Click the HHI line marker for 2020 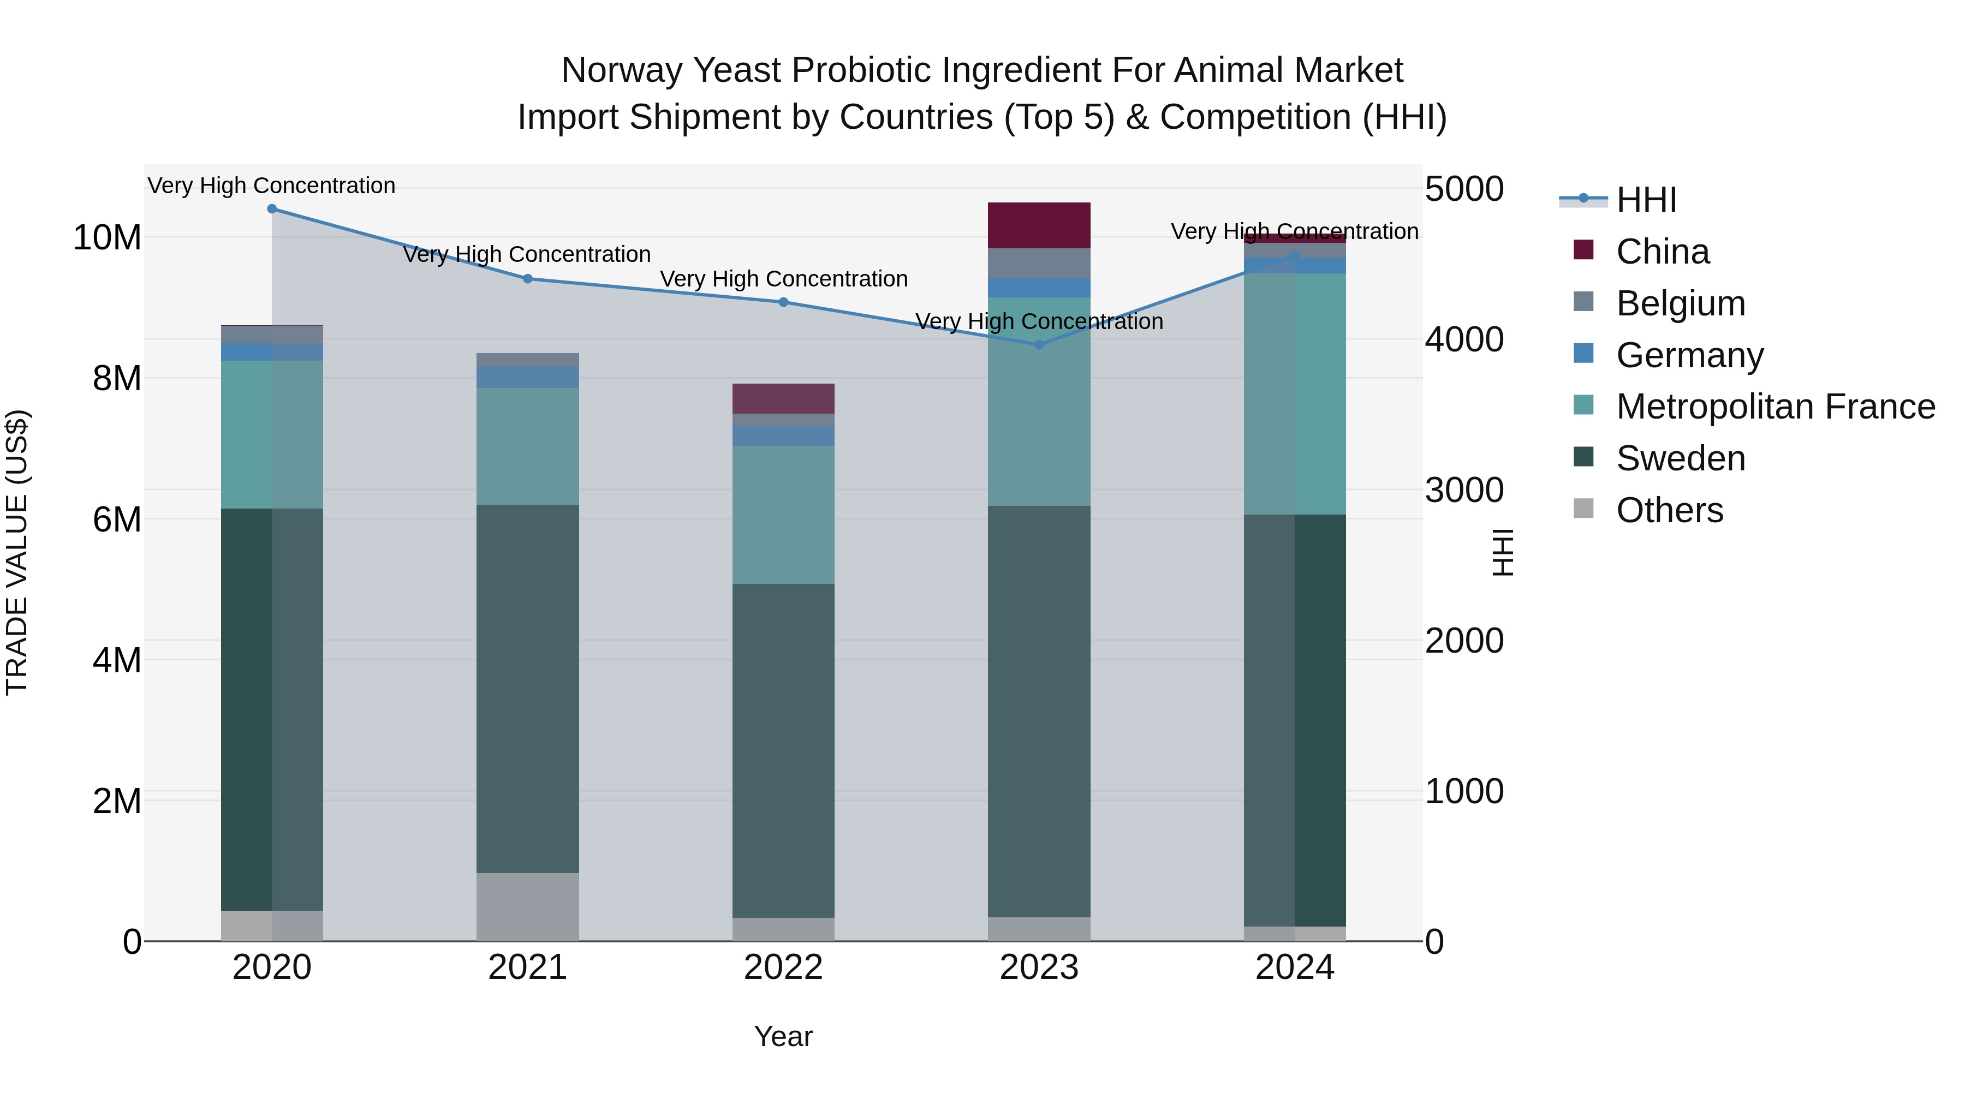pyautogui.click(x=272, y=209)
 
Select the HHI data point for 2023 pyautogui.click(x=1038, y=345)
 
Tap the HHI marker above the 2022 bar pyautogui.click(x=783, y=302)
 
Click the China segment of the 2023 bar pyautogui.click(x=1038, y=225)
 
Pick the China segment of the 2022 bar pyautogui.click(x=783, y=398)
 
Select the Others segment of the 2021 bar pyautogui.click(x=527, y=907)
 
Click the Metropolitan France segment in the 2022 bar pyautogui.click(x=783, y=515)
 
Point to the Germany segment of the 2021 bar pyautogui.click(x=527, y=377)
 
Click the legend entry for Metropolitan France pyautogui.click(x=1775, y=407)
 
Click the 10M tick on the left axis pyautogui.click(x=107, y=238)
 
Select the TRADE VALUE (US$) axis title pyautogui.click(x=17, y=552)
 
